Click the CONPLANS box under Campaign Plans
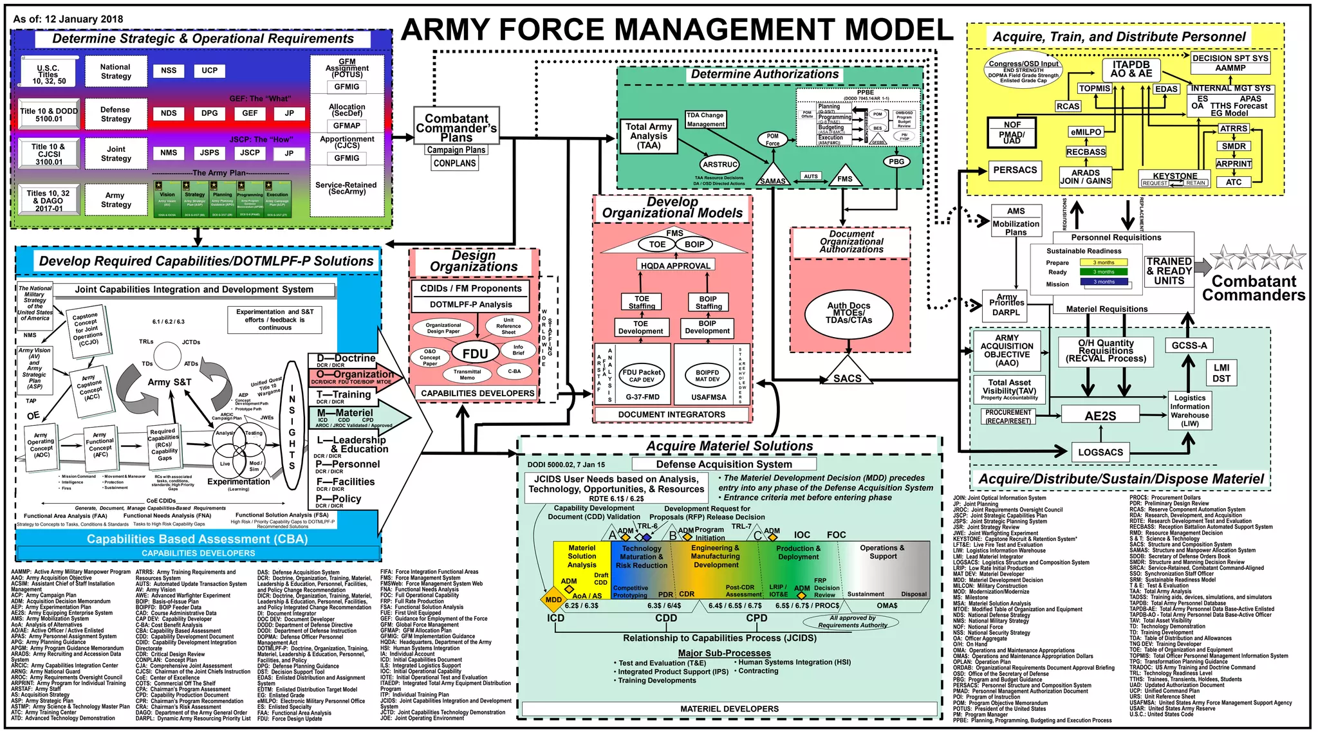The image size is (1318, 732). [x=454, y=163]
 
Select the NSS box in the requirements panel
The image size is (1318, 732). [x=169, y=71]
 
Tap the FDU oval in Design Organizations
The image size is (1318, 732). [x=475, y=353]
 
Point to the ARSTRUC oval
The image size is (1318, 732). [x=720, y=165]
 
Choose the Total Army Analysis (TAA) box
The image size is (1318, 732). [x=649, y=136]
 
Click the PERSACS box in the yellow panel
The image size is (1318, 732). [x=1015, y=170]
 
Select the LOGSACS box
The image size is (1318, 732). [x=1100, y=452]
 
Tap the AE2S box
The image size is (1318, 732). [x=1100, y=416]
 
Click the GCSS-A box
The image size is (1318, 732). [x=1189, y=345]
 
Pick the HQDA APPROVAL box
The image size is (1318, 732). [x=675, y=265]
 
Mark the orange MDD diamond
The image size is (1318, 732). [x=553, y=599]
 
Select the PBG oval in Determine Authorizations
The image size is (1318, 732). [x=896, y=161]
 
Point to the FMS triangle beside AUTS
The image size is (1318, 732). [x=845, y=177]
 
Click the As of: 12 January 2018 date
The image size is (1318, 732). [x=68, y=19]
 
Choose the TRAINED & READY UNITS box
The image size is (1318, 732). [x=1169, y=271]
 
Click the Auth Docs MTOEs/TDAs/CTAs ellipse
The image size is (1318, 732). [x=849, y=313]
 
